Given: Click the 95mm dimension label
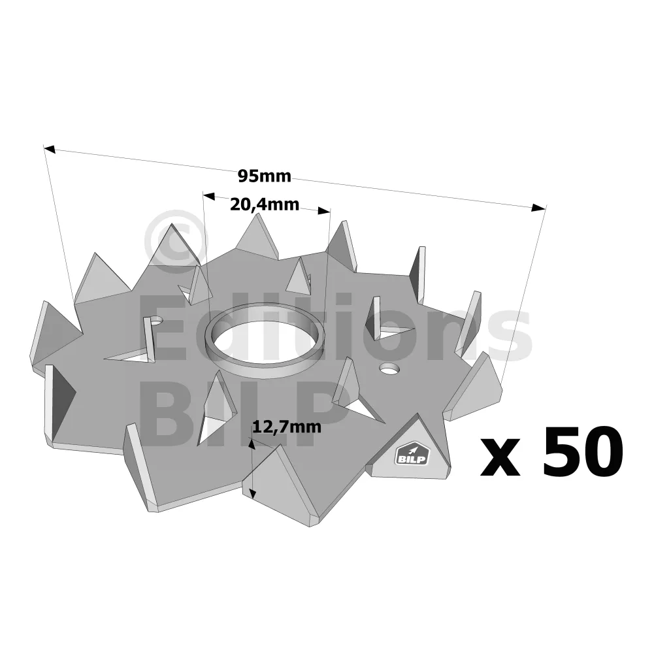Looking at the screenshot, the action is tap(264, 176).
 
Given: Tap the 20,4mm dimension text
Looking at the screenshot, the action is tap(264, 204).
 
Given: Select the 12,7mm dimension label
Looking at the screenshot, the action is tap(286, 427).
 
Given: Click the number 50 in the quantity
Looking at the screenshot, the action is tap(582, 451).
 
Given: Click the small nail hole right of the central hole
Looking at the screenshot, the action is tap(388, 368).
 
